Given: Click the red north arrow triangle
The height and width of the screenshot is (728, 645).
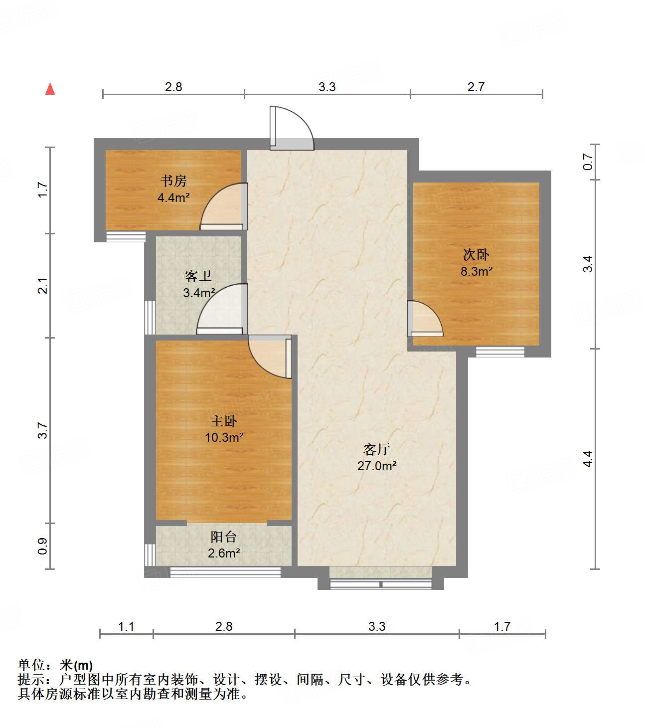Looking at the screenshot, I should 50,89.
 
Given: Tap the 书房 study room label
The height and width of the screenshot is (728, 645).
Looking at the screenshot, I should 173,181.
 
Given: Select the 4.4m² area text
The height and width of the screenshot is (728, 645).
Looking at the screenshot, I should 173,197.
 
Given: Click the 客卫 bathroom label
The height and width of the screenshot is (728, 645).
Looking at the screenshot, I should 198,276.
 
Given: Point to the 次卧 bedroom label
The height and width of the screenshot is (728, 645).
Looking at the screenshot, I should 476,255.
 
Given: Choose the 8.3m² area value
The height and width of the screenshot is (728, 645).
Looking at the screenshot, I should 477,271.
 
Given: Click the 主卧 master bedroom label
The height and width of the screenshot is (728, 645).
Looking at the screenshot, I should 224,421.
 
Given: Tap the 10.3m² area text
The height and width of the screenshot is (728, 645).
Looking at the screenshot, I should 224,437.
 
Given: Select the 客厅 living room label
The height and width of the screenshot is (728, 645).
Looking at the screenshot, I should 376,449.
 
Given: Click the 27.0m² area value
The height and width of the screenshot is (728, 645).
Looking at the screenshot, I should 377,466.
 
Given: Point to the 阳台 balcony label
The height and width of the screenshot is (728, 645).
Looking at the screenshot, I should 223,537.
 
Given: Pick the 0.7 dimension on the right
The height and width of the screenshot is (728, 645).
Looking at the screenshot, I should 588,162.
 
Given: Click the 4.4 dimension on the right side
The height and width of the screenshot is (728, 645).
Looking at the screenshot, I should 588,459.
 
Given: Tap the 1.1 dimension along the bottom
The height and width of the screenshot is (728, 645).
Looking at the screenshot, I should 126,626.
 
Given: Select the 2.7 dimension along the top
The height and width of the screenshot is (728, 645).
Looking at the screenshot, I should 476,87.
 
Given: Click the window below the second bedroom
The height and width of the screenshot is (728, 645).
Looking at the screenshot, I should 500,352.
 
